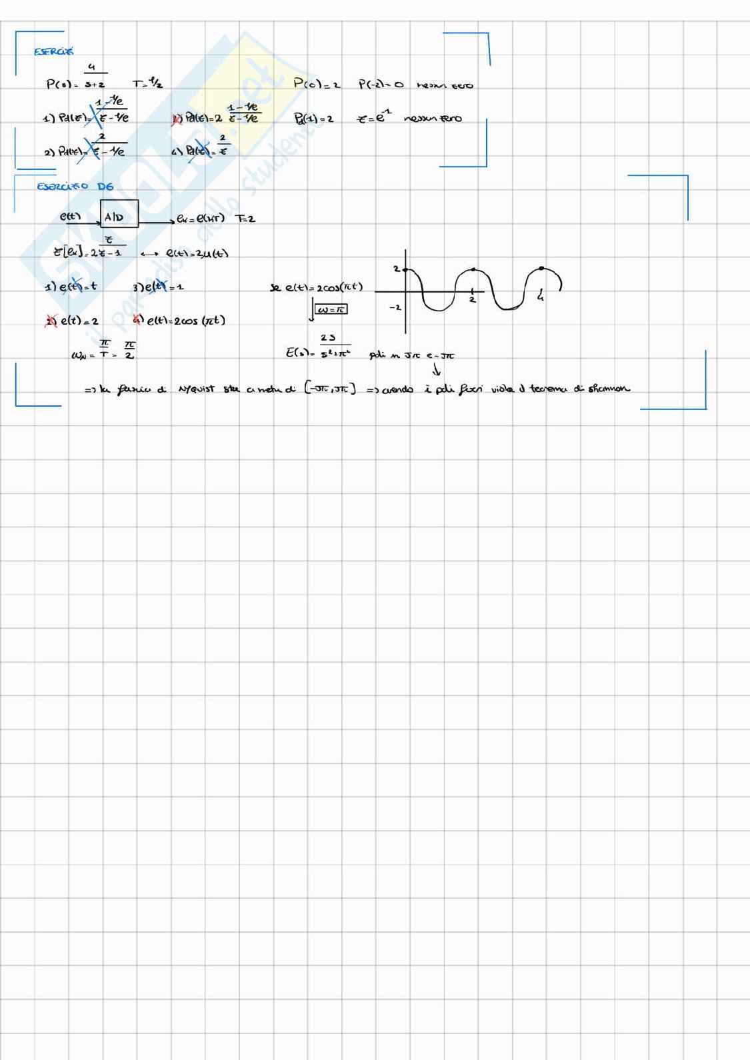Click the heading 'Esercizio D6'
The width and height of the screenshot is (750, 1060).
[x=75, y=187]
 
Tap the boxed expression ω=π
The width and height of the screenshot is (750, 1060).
[x=331, y=309]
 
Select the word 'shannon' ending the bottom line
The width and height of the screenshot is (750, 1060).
[x=609, y=389]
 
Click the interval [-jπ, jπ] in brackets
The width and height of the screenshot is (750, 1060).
[x=330, y=389]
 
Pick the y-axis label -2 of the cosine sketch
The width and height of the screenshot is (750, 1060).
[x=395, y=308]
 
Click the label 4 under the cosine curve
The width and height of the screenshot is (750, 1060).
[x=540, y=298]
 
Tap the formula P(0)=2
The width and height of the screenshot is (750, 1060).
[x=317, y=84]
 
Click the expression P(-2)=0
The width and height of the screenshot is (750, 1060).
[x=381, y=85]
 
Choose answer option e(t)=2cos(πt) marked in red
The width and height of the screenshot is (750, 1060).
[x=180, y=321]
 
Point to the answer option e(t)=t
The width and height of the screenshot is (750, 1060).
[x=69, y=287]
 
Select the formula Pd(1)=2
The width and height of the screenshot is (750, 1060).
[x=313, y=119]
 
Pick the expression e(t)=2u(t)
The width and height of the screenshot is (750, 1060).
[x=197, y=253]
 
